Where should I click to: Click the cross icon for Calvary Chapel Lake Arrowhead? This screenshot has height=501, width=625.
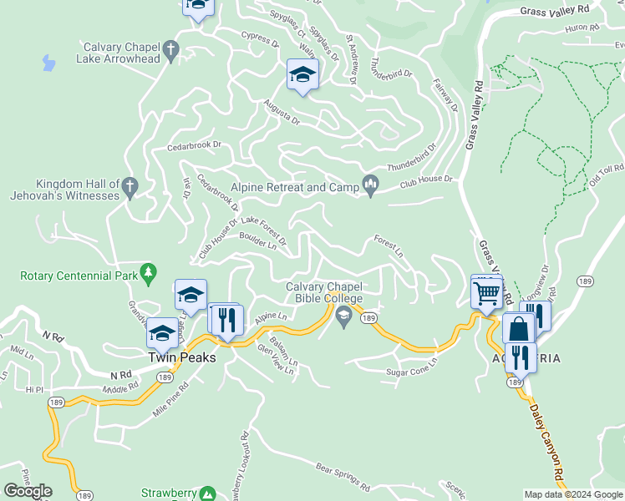tap(171, 51)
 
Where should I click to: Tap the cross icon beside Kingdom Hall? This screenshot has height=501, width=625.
tap(130, 188)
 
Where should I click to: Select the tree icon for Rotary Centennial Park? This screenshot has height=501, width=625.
tap(149, 271)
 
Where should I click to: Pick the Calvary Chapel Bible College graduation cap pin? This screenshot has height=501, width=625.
tap(343, 316)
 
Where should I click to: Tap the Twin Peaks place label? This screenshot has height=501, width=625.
tap(181, 357)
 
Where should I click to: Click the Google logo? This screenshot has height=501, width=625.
tap(28, 491)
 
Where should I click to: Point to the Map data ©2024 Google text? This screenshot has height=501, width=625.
tap(572, 493)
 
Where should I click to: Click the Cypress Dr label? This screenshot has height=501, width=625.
tap(259, 38)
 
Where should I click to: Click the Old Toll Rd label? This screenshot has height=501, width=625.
tap(606, 175)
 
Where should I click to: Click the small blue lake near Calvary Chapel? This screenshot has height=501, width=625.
tap(48, 62)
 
